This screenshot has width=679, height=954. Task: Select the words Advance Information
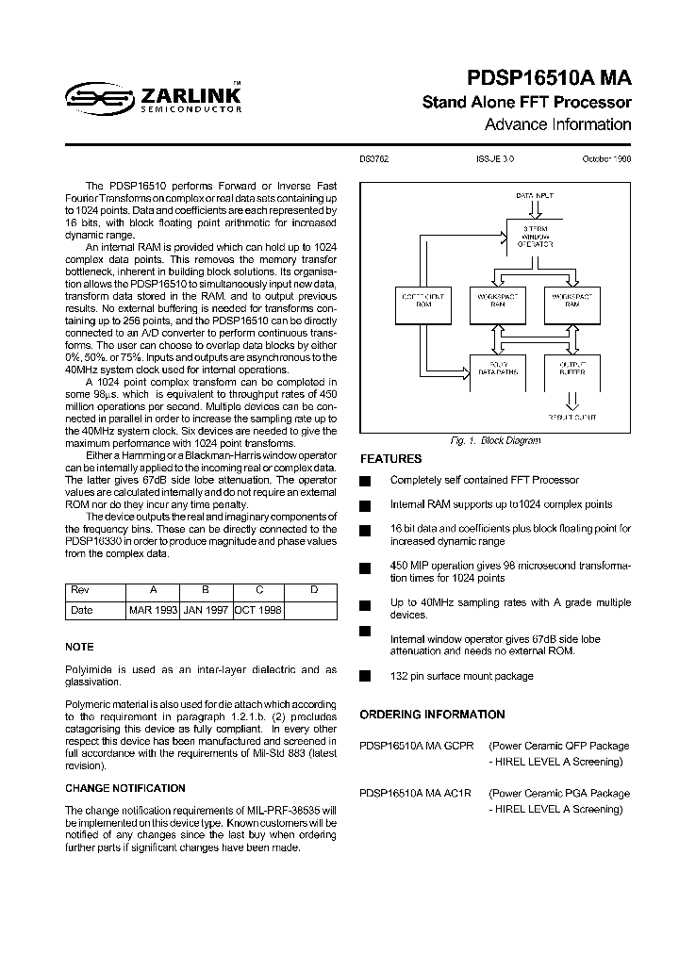pos(557,124)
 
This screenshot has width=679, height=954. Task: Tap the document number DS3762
pos(374,160)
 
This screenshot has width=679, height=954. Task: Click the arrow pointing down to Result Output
pos(571,403)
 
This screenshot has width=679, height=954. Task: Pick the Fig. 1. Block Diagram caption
pos(495,440)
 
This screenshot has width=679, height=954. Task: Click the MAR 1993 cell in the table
pos(154,610)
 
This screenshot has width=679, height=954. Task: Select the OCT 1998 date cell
pos(257,610)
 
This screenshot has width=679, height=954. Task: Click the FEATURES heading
pos(390,459)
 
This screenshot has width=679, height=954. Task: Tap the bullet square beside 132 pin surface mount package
pos(365,676)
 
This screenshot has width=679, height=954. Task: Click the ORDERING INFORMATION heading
pos(432,715)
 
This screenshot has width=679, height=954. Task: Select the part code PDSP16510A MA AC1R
pos(415,793)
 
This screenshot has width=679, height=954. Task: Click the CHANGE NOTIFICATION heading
pos(124,788)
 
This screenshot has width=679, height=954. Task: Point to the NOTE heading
pos(79,647)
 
